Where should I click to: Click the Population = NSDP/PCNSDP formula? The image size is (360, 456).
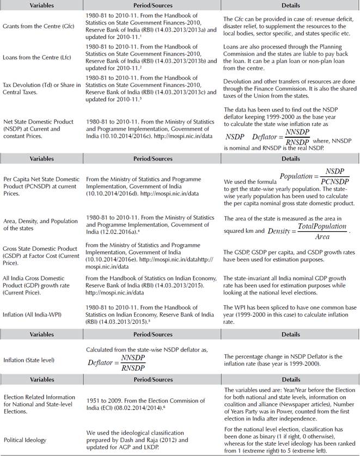(x=314, y=178)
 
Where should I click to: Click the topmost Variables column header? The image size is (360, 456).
(x=41, y=5)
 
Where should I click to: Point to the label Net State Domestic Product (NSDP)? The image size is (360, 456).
(x=38, y=122)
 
